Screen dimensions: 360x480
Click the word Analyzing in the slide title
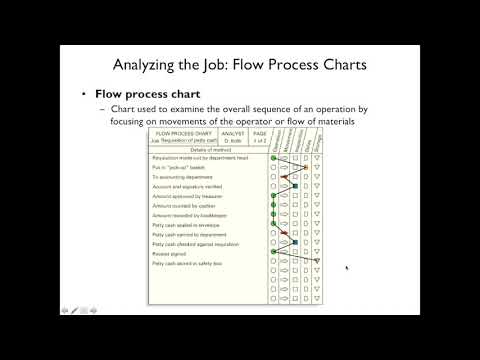tap(168, 65)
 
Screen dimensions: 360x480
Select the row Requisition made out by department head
tap(205, 158)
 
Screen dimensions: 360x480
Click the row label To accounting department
tap(186, 177)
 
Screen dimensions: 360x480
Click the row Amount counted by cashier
tap(191, 206)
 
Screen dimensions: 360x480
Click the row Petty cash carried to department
tap(197, 235)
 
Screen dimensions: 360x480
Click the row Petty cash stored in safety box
tap(196, 263)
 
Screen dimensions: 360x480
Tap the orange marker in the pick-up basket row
tap(285, 168)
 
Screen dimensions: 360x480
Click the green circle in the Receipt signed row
tap(273, 254)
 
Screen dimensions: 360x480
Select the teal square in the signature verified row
tap(296, 187)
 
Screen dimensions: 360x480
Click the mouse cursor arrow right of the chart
tap(347, 268)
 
